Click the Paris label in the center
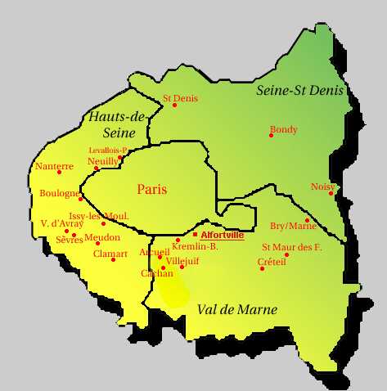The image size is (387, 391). point(152,189)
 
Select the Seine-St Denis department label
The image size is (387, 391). point(299,90)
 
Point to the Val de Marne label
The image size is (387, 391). point(236,309)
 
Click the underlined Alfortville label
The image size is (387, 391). point(222,236)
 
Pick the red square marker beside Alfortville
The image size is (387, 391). point(195,235)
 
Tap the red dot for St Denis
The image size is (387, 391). point(174,106)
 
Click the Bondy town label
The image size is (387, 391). point(283,129)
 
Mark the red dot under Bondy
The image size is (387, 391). point(271,135)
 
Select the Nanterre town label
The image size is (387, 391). point(54,166)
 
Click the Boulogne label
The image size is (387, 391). point(59,194)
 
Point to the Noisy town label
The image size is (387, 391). point(322,187)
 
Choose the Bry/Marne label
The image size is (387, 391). point(293,226)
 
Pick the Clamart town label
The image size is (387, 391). point(110,254)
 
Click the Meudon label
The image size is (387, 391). point(102,237)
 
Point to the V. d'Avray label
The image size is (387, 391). point(61,223)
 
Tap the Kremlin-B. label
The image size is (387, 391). point(195,246)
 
